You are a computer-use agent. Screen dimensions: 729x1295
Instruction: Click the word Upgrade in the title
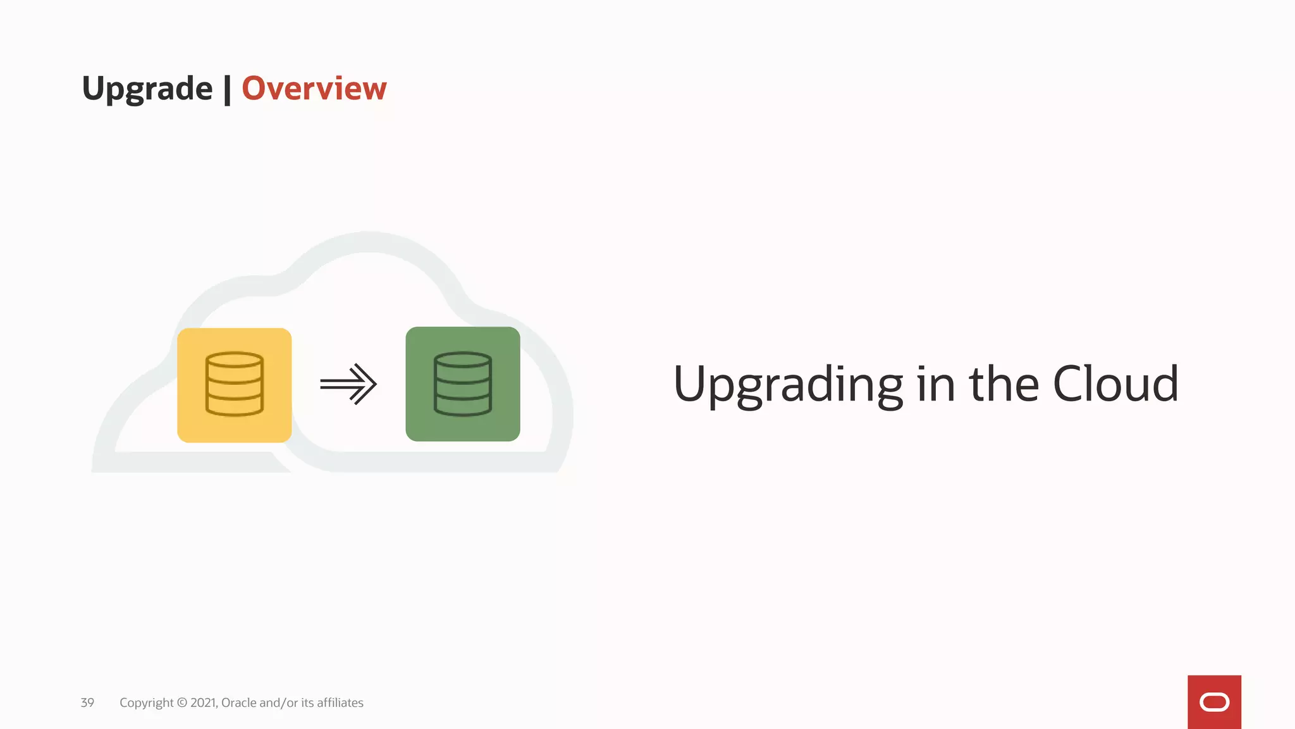point(147,89)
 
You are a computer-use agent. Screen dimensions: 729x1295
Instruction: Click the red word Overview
point(314,88)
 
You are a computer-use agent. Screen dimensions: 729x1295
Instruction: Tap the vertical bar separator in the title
point(227,89)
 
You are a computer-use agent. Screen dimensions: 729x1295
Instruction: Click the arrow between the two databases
point(348,383)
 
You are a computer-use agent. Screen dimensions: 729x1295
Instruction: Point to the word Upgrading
point(788,384)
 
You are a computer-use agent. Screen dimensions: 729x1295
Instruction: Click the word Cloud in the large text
point(1115,383)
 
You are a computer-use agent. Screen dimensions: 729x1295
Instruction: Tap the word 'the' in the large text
point(1004,383)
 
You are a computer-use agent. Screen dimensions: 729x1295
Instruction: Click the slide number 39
point(87,702)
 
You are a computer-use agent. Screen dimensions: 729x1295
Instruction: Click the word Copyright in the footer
point(146,703)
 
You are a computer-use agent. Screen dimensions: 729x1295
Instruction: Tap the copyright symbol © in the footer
point(182,702)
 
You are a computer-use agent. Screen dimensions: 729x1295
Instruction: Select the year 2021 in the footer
point(204,702)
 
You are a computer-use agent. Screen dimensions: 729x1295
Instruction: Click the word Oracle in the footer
point(239,702)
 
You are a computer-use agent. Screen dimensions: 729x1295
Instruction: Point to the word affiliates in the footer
point(340,702)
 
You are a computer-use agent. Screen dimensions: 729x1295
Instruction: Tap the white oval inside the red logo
point(1214,702)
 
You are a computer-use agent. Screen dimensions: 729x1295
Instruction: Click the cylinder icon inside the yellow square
point(235,384)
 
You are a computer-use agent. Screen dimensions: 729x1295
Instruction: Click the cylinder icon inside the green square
point(463,384)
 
